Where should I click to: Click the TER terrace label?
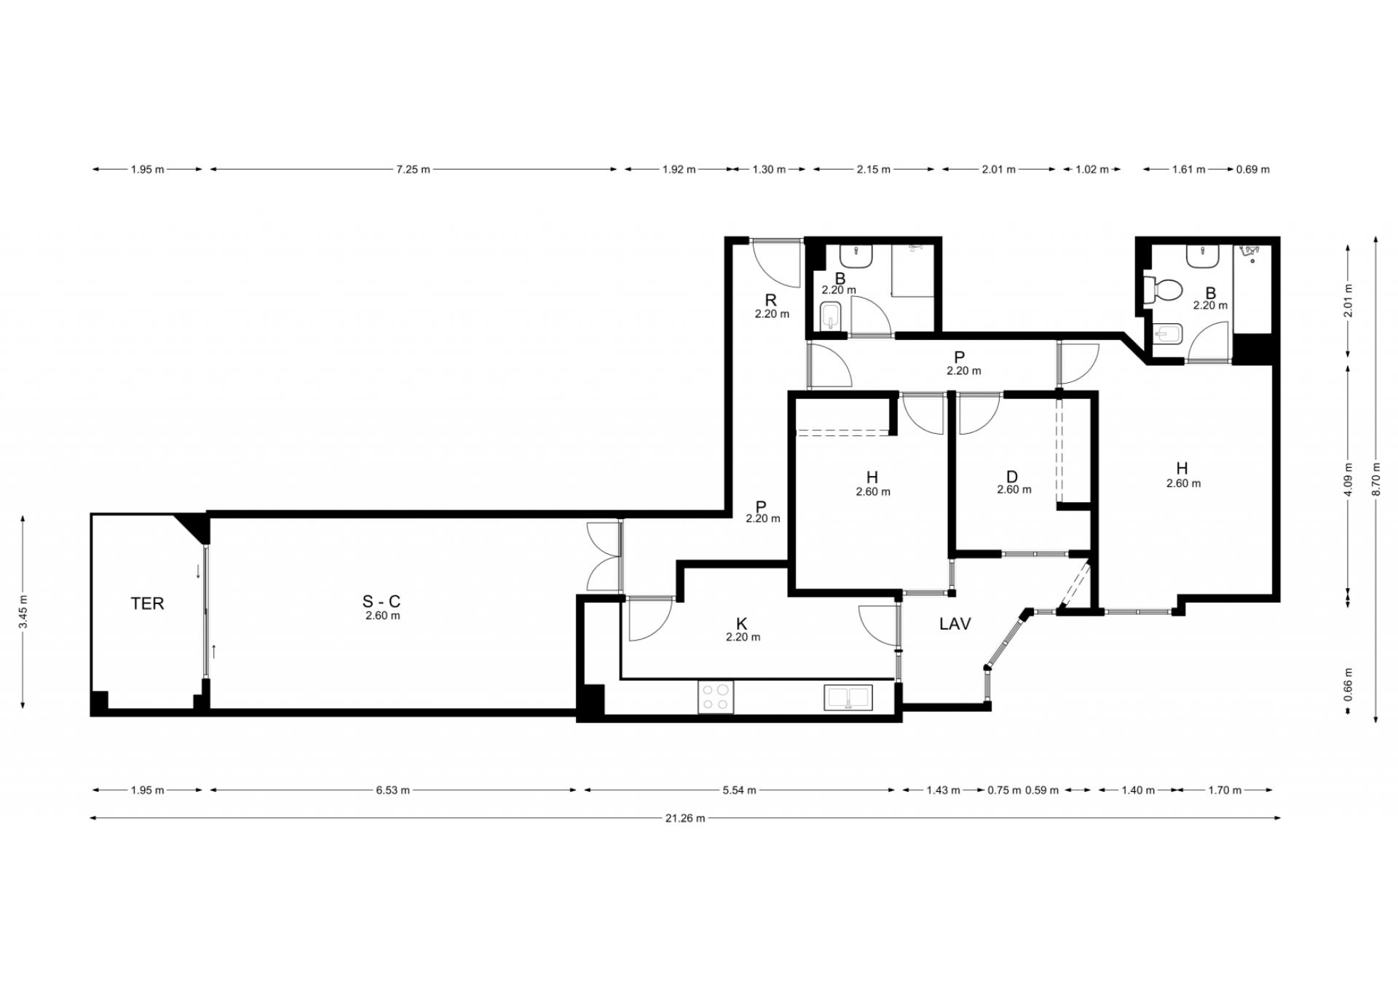click(147, 603)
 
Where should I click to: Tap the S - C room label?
click(382, 601)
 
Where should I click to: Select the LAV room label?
click(955, 624)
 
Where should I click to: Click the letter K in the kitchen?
click(742, 624)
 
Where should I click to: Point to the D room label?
click(1012, 477)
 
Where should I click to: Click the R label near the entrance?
click(770, 300)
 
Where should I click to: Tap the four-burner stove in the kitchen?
click(716, 697)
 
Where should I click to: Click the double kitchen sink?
click(848, 697)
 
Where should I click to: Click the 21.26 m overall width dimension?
click(684, 818)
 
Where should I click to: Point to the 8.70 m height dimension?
click(1375, 479)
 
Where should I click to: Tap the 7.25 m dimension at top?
click(413, 170)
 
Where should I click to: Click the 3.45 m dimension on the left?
click(23, 612)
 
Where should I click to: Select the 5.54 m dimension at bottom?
click(739, 790)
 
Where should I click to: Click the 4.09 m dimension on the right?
click(1348, 480)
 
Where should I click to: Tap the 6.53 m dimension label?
click(392, 790)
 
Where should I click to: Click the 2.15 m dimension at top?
click(873, 170)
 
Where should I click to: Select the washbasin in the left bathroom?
click(856, 256)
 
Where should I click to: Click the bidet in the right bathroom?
click(1169, 336)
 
